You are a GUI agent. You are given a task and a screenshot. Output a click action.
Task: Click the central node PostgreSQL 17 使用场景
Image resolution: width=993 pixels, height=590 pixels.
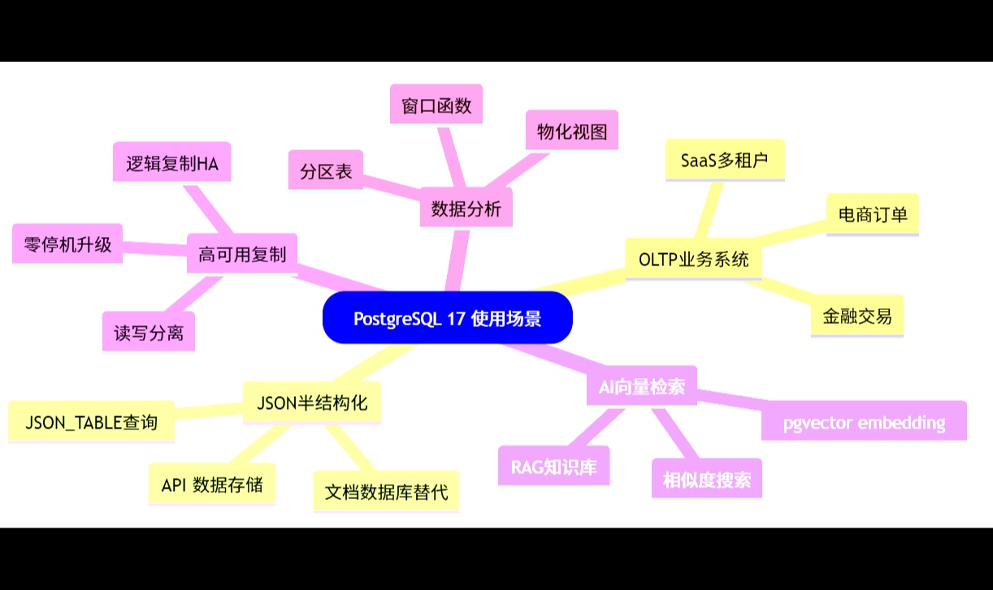pyautogui.click(x=448, y=317)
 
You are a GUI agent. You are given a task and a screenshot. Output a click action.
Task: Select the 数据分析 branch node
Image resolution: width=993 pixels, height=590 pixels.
pyautogui.click(x=466, y=209)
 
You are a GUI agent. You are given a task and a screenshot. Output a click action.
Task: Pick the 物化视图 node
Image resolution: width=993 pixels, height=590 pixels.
pyautogui.click(x=572, y=131)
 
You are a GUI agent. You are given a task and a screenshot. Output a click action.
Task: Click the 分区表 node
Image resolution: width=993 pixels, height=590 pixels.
pyautogui.click(x=326, y=171)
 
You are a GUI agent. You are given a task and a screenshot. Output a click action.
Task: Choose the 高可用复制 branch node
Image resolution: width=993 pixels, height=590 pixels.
pyautogui.click(x=242, y=254)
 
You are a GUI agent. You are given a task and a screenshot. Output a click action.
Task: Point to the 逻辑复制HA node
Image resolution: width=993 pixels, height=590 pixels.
pyautogui.click(x=172, y=163)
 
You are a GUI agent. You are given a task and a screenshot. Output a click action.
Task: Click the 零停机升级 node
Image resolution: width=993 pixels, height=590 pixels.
pyautogui.click(x=67, y=243)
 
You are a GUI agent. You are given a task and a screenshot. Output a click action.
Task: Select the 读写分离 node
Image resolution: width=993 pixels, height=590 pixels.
pyautogui.click(x=149, y=332)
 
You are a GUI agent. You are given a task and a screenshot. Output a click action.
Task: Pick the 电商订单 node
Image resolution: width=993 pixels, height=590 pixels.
pyautogui.click(x=873, y=214)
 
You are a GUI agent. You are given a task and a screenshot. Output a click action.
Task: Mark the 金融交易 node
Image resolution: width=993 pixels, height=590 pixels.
pyautogui.click(x=857, y=316)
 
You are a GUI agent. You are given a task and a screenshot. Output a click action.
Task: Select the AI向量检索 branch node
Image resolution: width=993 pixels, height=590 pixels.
pyautogui.click(x=642, y=386)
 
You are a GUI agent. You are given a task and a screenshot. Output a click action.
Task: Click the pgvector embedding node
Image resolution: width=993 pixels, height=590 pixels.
pyautogui.click(x=864, y=421)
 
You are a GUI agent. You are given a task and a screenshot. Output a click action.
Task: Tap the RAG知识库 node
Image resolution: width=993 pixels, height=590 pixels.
pyautogui.click(x=553, y=467)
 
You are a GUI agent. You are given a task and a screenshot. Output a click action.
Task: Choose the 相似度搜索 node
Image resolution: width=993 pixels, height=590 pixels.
pyautogui.click(x=707, y=480)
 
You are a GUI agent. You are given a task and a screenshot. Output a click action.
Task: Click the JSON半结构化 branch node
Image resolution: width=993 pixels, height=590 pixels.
pyautogui.click(x=312, y=403)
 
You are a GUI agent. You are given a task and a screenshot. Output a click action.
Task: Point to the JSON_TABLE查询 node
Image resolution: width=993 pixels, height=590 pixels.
pyautogui.click(x=91, y=422)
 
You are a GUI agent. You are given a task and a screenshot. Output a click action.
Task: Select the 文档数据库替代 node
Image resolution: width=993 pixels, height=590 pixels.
pyautogui.click(x=386, y=491)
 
